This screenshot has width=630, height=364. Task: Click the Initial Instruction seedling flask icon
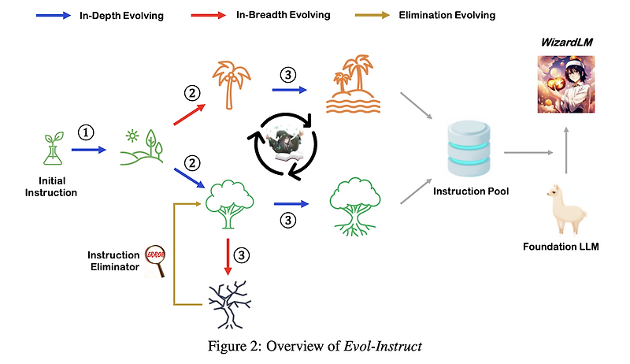(x=54, y=148)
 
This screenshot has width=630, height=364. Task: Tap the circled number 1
(x=86, y=132)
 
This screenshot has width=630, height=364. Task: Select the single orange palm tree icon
(x=232, y=85)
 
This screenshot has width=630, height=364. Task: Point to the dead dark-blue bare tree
(x=230, y=305)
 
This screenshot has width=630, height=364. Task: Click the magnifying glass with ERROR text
(x=155, y=261)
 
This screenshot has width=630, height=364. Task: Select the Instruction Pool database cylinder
(x=469, y=149)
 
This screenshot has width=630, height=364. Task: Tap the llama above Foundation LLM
(x=566, y=209)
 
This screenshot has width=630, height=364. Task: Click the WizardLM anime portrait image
(x=566, y=84)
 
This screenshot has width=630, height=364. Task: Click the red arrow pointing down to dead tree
(x=228, y=257)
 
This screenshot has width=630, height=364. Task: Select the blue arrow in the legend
(x=54, y=16)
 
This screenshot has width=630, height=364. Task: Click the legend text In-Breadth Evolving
(x=283, y=15)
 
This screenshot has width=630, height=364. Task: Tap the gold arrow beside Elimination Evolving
(x=372, y=16)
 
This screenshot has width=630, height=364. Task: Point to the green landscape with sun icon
(x=142, y=147)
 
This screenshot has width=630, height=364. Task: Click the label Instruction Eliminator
(x=113, y=261)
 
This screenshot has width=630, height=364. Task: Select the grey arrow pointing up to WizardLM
(x=566, y=150)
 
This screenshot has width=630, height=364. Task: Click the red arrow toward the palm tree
(x=190, y=114)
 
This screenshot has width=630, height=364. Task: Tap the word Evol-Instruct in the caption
(x=383, y=346)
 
